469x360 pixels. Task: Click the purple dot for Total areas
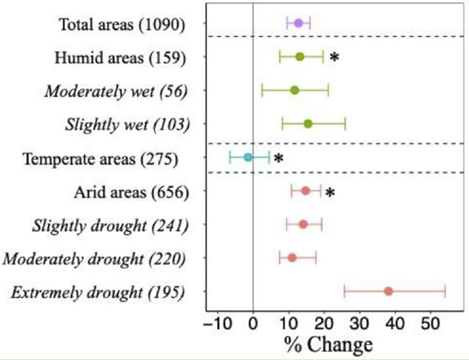(x=298, y=23)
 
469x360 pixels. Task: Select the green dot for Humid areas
(x=300, y=57)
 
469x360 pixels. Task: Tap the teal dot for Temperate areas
(x=248, y=157)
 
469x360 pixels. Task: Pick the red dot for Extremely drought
(x=388, y=292)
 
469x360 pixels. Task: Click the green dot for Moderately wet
(x=295, y=90)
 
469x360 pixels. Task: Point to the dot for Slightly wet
(x=308, y=124)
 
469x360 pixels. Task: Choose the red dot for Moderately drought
(x=292, y=258)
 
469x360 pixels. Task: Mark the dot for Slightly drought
(x=303, y=224)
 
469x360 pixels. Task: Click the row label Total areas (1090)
(x=122, y=25)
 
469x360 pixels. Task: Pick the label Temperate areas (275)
(x=101, y=159)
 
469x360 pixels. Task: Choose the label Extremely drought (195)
(x=98, y=292)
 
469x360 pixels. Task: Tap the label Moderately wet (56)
(x=116, y=91)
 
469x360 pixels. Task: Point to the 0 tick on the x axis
(x=253, y=321)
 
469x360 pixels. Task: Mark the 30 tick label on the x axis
(x=359, y=321)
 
